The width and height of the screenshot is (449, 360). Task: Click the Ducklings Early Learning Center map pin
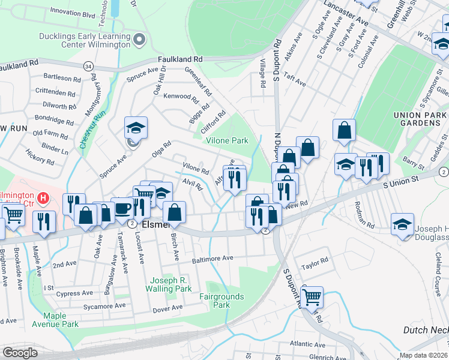click(140, 40)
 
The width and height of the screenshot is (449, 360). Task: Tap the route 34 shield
click(89, 65)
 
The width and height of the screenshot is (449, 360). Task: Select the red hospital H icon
click(43, 197)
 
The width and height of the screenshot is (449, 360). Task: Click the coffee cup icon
click(123, 208)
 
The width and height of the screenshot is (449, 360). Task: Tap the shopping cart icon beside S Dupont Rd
click(312, 296)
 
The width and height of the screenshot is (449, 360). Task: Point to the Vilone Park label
click(227, 140)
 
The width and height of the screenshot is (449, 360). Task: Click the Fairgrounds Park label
click(221, 301)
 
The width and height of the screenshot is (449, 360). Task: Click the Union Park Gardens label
click(420, 119)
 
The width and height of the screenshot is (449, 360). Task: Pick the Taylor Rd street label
click(315, 262)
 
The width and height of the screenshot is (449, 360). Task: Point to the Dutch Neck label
click(424, 330)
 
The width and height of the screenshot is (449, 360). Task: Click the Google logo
click(20, 352)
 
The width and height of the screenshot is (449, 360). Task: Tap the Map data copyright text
click(423, 355)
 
